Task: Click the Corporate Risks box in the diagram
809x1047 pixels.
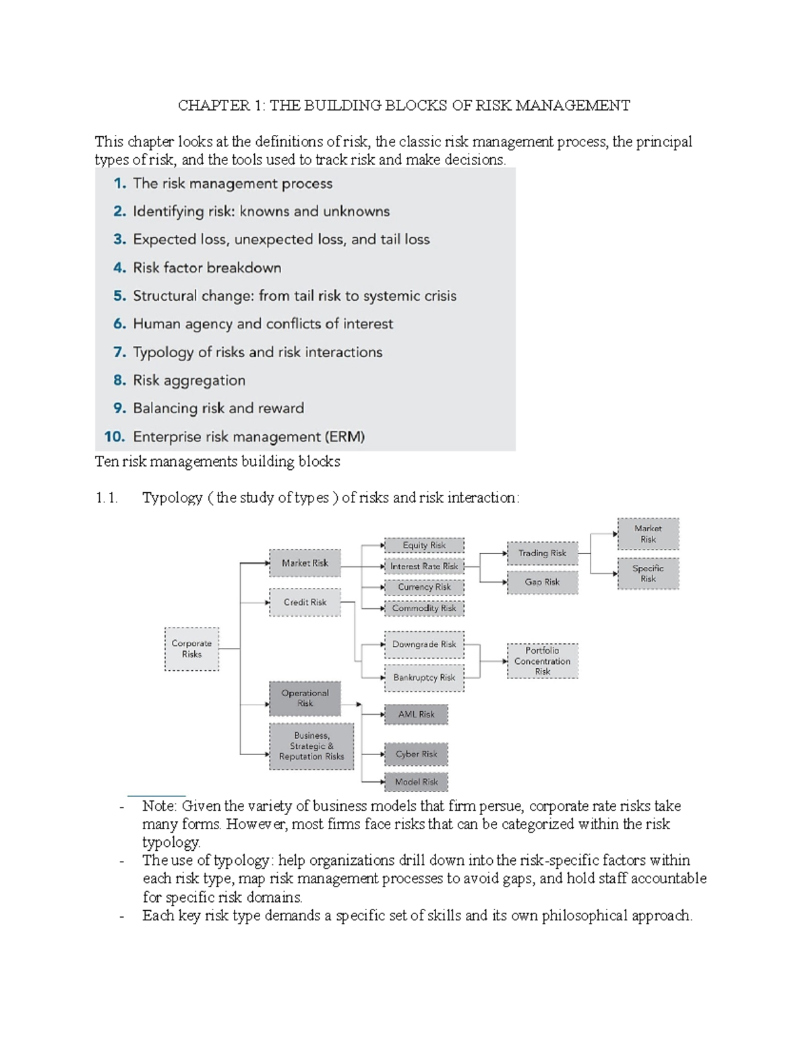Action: pyautogui.click(x=191, y=649)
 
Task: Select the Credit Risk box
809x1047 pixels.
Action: pyautogui.click(x=305, y=602)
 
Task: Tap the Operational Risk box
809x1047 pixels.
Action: pyautogui.click(x=305, y=698)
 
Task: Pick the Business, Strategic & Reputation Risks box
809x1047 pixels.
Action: pyautogui.click(x=311, y=746)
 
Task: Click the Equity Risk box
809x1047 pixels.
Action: pyautogui.click(x=424, y=545)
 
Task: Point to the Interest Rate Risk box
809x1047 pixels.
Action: pyautogui.click(x=424, y=566)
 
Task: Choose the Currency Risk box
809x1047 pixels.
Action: pyautogui.click(x=424, y=587)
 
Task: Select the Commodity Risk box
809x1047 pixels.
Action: pyautogui.click(x=424, y=608)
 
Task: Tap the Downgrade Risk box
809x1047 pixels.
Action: pyautogui.click(x=424, y=645)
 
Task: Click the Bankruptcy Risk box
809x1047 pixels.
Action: pyautogui.click(x=424, y=678)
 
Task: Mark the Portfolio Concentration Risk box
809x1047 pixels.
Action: pyautogui.click(x=543, y=661)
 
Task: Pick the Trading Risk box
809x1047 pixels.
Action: pyautogui.click(x=542, y=554)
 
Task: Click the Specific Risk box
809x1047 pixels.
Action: pyautogui.click(x=648, y=574)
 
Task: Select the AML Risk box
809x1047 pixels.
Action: pyautogui.click(x=416, y=715)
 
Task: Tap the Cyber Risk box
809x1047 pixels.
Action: pyautogui.click(x=416, y=754)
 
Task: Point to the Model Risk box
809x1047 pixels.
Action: pyautogui.click(x=416, y=782)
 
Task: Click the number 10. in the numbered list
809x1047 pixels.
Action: pyautogui.click(x=115, y=437)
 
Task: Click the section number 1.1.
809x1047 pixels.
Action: pyautogui.click(x=107, y=498)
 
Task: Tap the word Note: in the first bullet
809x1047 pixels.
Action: pyautogui.click(x=160, y=806)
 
